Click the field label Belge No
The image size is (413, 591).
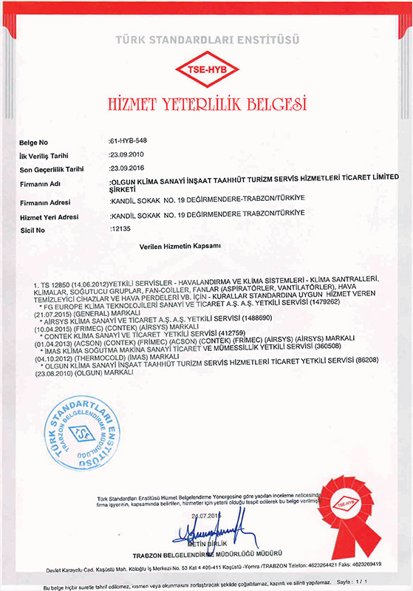click(x=34, y=140)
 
